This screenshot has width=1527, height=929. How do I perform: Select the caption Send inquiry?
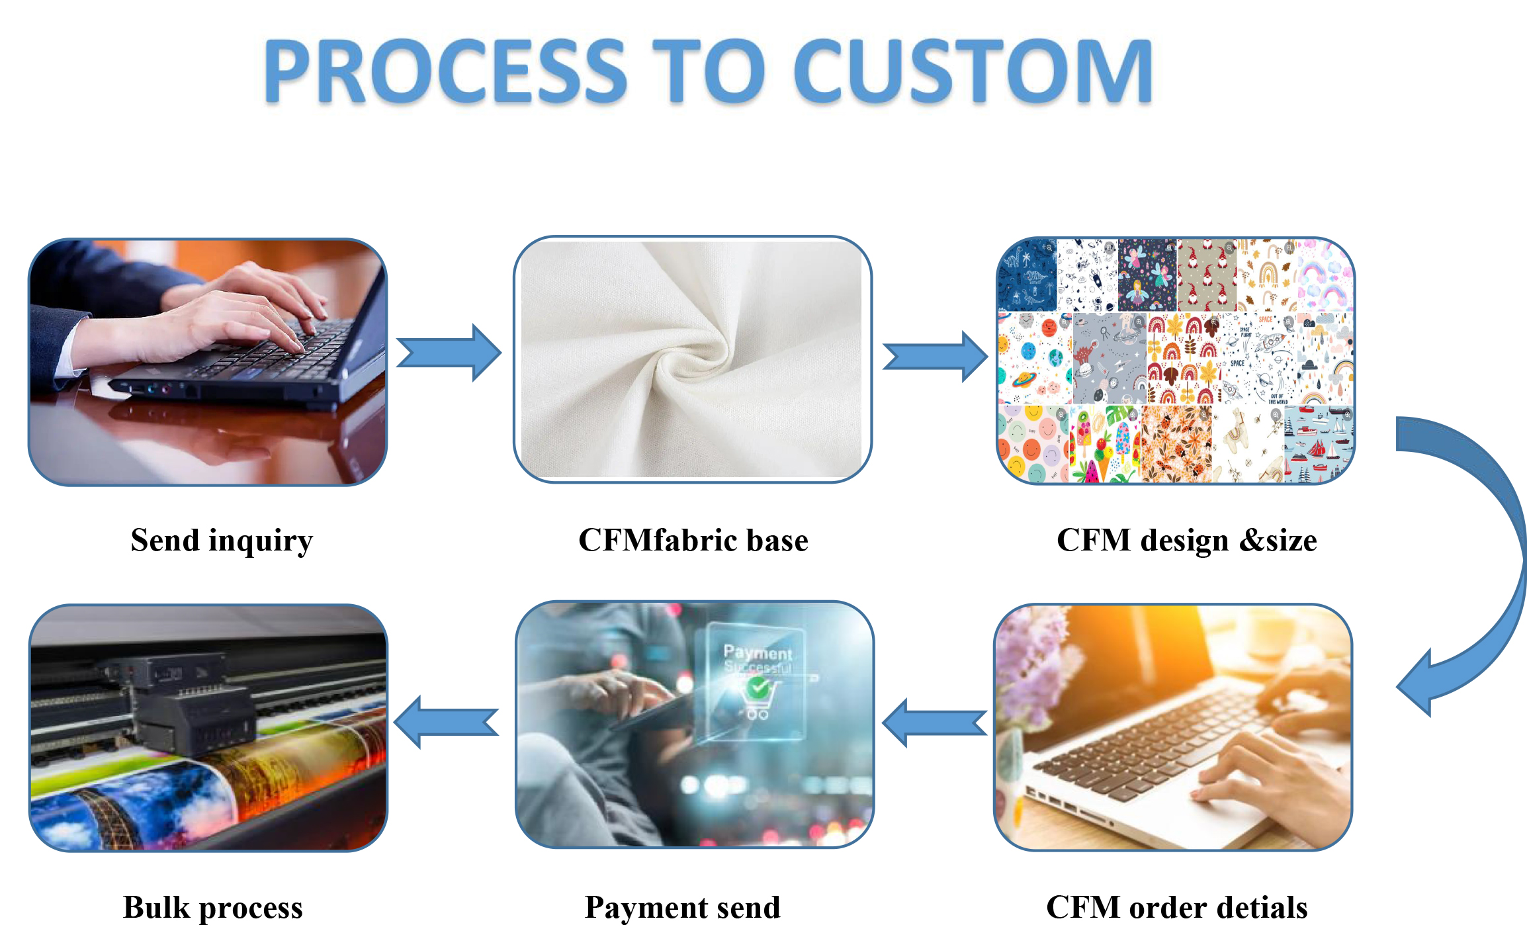tap(222, 541)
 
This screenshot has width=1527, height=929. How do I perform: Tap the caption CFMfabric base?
tap(693, 541)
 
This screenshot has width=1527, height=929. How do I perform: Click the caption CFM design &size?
tap(1186, 541)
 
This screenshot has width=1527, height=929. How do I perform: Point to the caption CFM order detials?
tap(1176, 907)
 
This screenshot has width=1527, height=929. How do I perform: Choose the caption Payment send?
tap(682, 907)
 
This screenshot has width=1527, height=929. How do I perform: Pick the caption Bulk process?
tap(212, 907)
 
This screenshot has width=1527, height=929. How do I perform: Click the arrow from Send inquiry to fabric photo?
tap(449, 353)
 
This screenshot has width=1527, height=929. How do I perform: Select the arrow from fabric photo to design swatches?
tap(935, 357)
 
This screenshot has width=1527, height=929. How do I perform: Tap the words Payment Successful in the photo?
tap(758, 659)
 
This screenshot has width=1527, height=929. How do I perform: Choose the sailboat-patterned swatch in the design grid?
tap(1318, 443)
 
